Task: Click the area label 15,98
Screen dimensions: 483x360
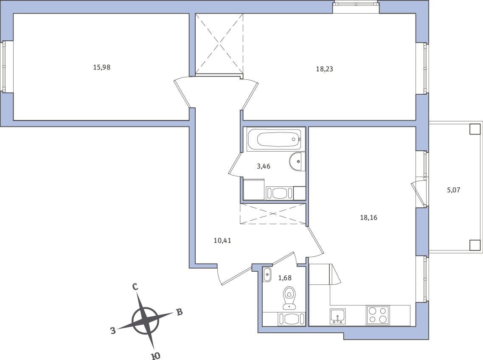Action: [102, 67]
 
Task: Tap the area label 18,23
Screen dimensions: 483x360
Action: [324, 69]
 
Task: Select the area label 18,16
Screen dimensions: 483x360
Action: [369, 218]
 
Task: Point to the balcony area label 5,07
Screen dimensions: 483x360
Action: [453, 190]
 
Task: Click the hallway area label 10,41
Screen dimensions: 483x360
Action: [222, 240]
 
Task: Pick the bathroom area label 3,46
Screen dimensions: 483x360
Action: [264, 166]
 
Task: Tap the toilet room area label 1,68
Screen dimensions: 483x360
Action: [285, 278]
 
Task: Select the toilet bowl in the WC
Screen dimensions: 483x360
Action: [289, 298]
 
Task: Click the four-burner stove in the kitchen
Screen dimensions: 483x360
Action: [378, 315]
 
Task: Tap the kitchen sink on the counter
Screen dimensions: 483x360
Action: [337, 316]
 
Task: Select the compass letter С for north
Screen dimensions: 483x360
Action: [135, 287]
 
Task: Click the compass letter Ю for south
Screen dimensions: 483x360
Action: [156, 356]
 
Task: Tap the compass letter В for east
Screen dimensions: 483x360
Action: [179, 312]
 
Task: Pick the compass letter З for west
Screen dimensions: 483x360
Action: [113, 331]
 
